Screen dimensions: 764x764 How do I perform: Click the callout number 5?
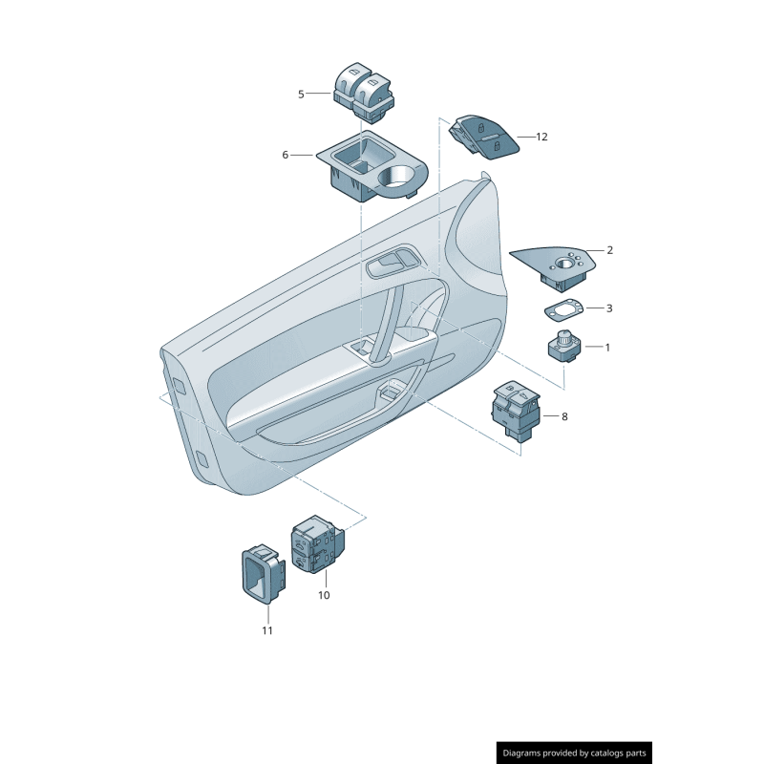point(301,95)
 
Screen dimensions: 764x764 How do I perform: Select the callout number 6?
point(285,155)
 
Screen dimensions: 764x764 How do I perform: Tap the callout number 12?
point(541,138)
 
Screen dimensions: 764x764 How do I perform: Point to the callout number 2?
point(609,251)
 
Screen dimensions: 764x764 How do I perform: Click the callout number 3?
point(609,308)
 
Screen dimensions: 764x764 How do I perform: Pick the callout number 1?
point(606,348)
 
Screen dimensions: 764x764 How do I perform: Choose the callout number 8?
point(564,416)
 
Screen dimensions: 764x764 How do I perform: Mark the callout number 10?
point(324,595)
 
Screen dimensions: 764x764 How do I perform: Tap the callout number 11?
point(267,630)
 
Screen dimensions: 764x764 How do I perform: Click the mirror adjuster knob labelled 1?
point(563,346)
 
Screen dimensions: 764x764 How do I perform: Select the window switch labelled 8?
point(516,409)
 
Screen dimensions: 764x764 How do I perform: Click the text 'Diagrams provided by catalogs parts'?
point(575,753)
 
